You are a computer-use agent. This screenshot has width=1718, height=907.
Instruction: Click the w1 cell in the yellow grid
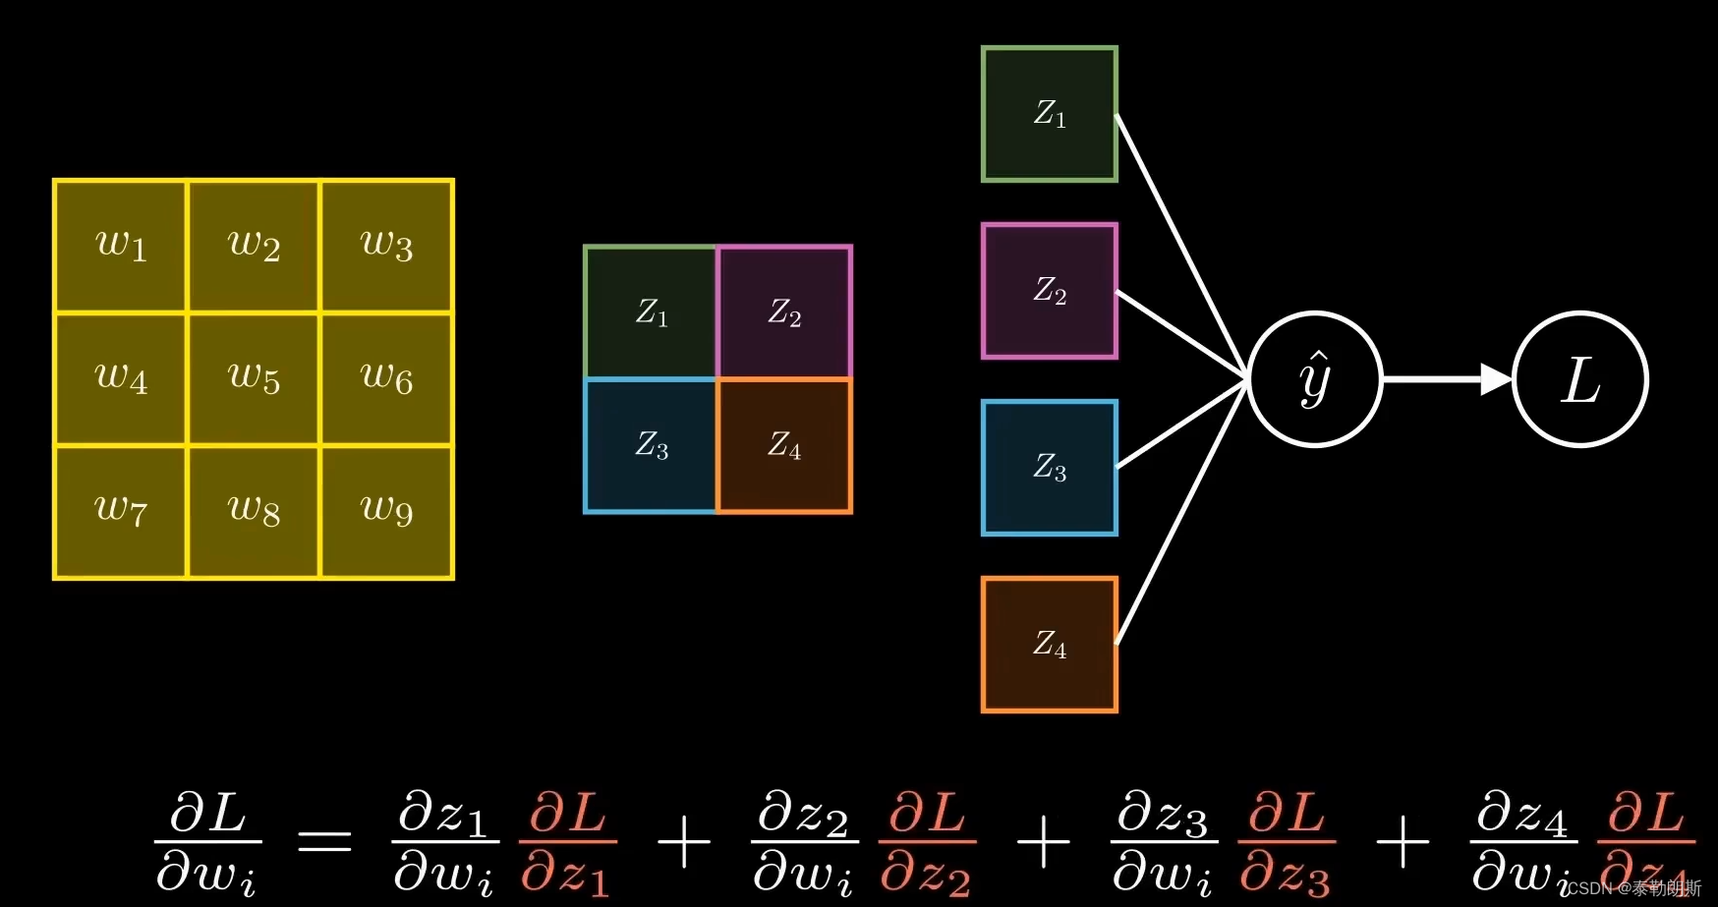[x=121, y=246]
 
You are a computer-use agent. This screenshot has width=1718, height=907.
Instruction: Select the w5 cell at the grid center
[x=254, y=379]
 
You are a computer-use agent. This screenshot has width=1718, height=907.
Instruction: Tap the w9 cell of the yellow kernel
[x=386, y=512]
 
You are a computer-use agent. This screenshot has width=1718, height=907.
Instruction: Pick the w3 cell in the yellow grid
[x=386, y=246]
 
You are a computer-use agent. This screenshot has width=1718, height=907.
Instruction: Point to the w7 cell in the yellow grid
[x=121, y=512]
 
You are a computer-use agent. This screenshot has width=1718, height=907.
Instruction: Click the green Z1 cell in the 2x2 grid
[x=651, y=312]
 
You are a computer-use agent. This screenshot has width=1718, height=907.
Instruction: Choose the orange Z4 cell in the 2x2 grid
[x=784, y=446]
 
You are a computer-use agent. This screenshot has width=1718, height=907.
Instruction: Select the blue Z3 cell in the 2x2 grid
[x=651, y=446]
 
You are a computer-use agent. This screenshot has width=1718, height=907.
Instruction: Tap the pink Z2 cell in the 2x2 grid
[x=784, y=312]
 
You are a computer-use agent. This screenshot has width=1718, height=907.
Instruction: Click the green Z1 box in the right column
[x=1050, y=114]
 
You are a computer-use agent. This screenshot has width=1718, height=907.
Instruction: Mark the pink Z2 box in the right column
[x=1050, y=291]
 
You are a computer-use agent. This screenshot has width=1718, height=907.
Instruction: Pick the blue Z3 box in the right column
[x=1050, y=468]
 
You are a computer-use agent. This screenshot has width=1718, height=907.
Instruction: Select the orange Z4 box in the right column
[x=1050, y=645]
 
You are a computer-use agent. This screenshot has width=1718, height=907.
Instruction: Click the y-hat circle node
[x=1315, y=379]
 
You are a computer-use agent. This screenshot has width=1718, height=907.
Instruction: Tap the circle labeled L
[x=1580, y=379]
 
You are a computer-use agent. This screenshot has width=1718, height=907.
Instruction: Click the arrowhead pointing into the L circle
[x=1496, y=379]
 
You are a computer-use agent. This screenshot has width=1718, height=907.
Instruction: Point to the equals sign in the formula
[x=324, y=842]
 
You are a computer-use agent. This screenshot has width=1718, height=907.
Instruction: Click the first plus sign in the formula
[x=683, y=842]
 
